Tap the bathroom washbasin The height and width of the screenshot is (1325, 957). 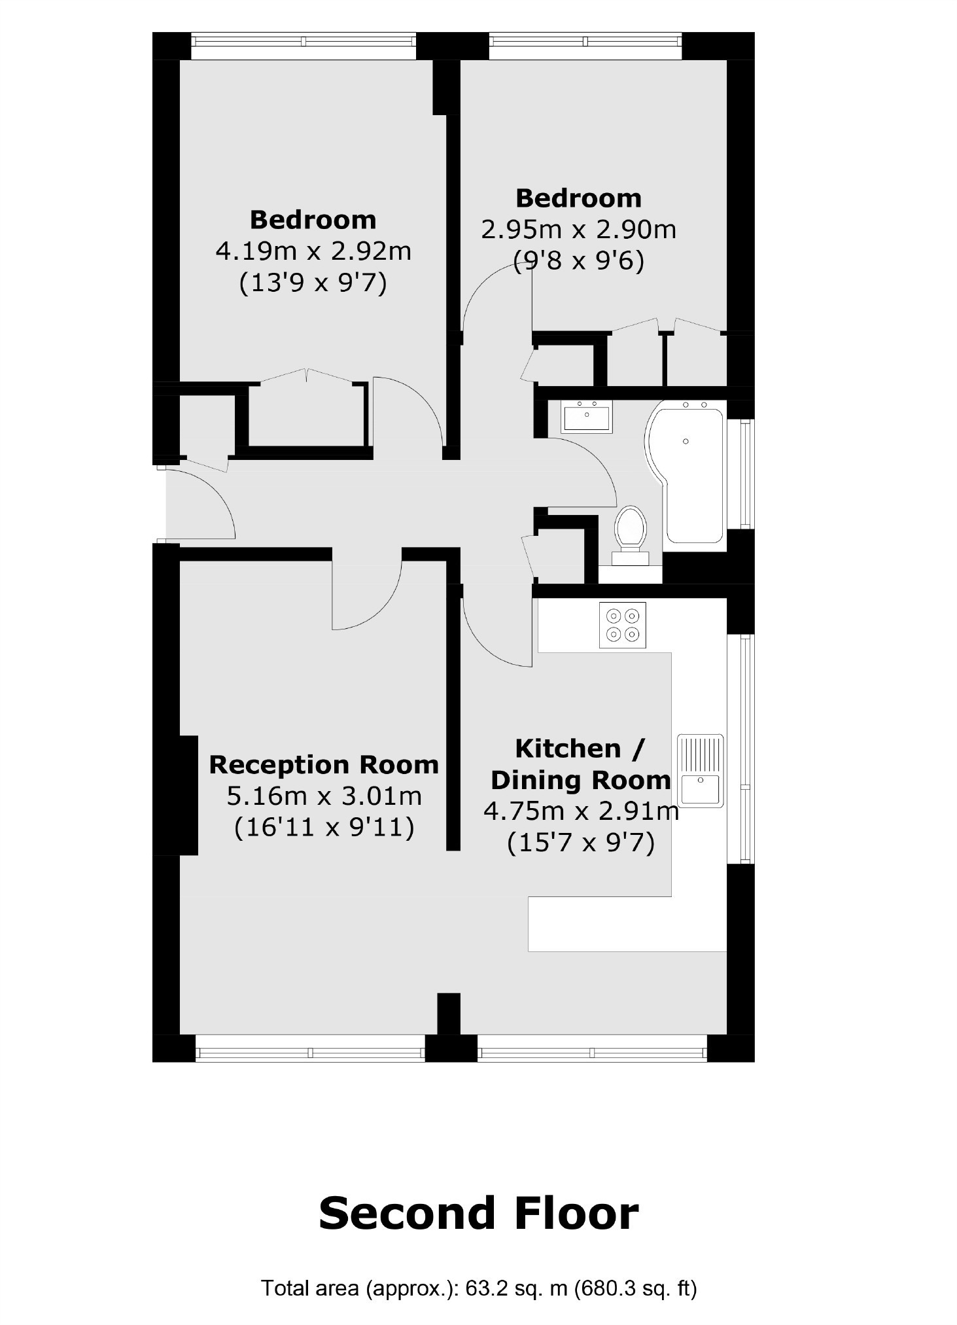click(587, 417)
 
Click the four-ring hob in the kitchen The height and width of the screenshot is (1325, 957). click(623, 625)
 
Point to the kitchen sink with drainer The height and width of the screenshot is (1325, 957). click(701, 770)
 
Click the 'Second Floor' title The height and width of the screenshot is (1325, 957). click(478, 1213)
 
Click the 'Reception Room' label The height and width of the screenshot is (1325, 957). click(324, 764)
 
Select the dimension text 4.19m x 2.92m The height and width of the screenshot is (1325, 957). click(313, 251)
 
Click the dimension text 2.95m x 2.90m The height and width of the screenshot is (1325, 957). click(578, 230)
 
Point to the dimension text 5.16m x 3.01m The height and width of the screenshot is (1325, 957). click(324, 796)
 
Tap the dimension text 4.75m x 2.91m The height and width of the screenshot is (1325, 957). click(581, 811)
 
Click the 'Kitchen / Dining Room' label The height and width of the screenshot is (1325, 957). click(581, 764)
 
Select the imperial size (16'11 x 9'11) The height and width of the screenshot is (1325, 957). click(324, 827)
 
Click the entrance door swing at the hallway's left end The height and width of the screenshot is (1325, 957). click(203, 504)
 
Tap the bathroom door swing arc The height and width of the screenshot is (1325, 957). click(585, 471)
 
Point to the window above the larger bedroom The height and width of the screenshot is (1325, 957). click(304, 41)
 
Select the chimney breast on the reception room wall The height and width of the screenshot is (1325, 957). click(188, 795)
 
